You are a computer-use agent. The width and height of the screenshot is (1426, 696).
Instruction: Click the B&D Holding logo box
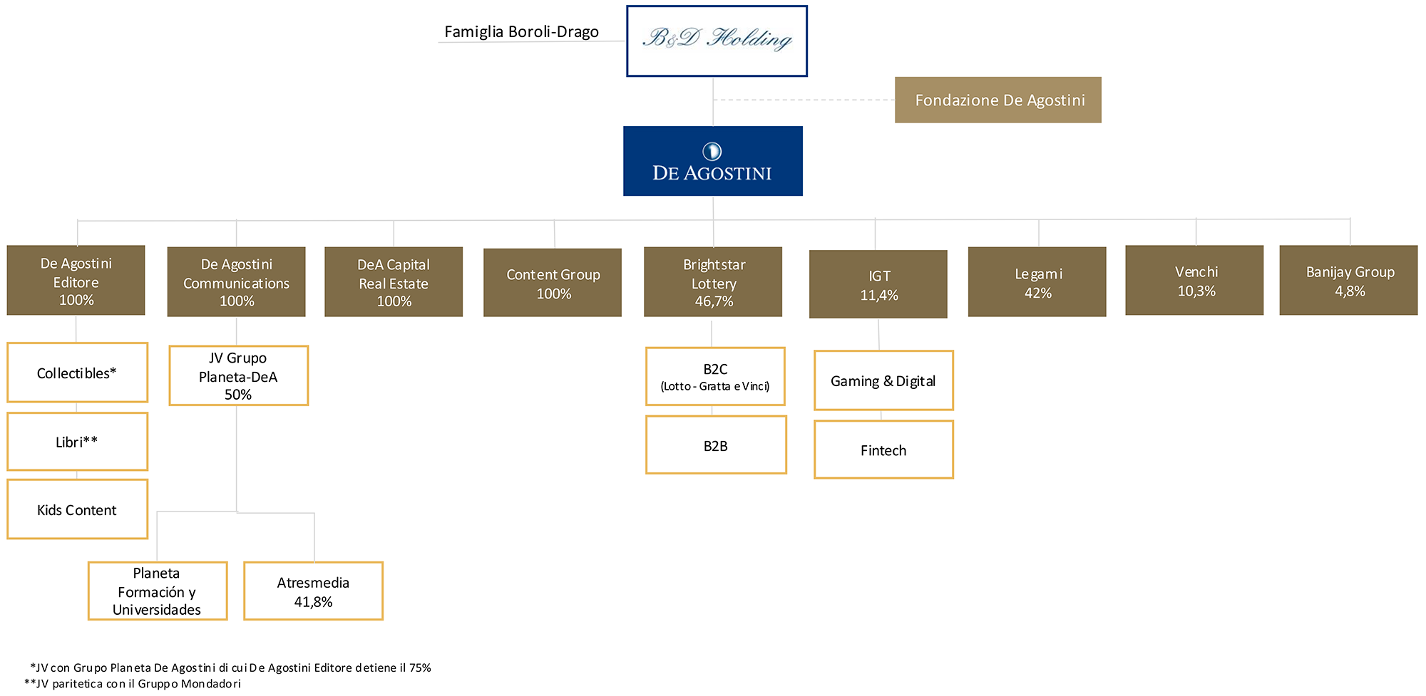(x=717, y=41)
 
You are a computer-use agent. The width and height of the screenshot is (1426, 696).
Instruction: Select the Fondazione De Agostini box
(x=998, y=100)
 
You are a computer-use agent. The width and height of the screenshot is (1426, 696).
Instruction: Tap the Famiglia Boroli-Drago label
(x=521, y=32)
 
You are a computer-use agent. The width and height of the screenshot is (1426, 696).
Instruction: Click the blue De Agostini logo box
(x=713, y=161)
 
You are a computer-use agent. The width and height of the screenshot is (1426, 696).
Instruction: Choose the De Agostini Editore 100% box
(x=76, y=281)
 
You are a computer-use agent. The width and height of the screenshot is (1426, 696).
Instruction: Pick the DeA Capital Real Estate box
(x=394, y=282)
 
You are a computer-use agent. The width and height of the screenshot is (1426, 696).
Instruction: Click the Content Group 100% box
(x=553, y=283)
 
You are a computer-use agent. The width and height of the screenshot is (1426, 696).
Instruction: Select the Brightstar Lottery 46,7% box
(x=713, y=282)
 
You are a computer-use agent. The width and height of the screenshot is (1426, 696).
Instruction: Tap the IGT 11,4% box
(x=878, y=284)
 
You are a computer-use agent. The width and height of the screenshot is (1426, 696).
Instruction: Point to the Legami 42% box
(x=1037, y=282)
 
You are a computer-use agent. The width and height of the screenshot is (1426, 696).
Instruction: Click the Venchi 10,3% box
(x=1194, y=281)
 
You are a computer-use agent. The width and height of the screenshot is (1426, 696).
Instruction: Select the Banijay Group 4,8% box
(x=1348, y=281)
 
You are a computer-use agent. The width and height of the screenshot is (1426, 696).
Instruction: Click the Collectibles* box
(x=77, y=373)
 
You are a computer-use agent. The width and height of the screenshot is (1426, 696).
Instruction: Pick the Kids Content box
(x=77, y=509)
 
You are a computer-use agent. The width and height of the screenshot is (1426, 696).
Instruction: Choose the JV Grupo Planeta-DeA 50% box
(x=239, y=376)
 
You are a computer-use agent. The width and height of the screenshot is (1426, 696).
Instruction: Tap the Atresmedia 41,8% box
(x=314, y=591)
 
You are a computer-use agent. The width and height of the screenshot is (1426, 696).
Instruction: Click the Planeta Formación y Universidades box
(x=158, y=591)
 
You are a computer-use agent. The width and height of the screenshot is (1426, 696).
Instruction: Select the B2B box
(x=716, y=445)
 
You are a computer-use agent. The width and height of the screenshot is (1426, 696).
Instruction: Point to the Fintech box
(x=884, y=450)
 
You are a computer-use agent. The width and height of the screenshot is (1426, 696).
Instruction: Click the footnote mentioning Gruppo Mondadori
(x=133, y=684)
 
